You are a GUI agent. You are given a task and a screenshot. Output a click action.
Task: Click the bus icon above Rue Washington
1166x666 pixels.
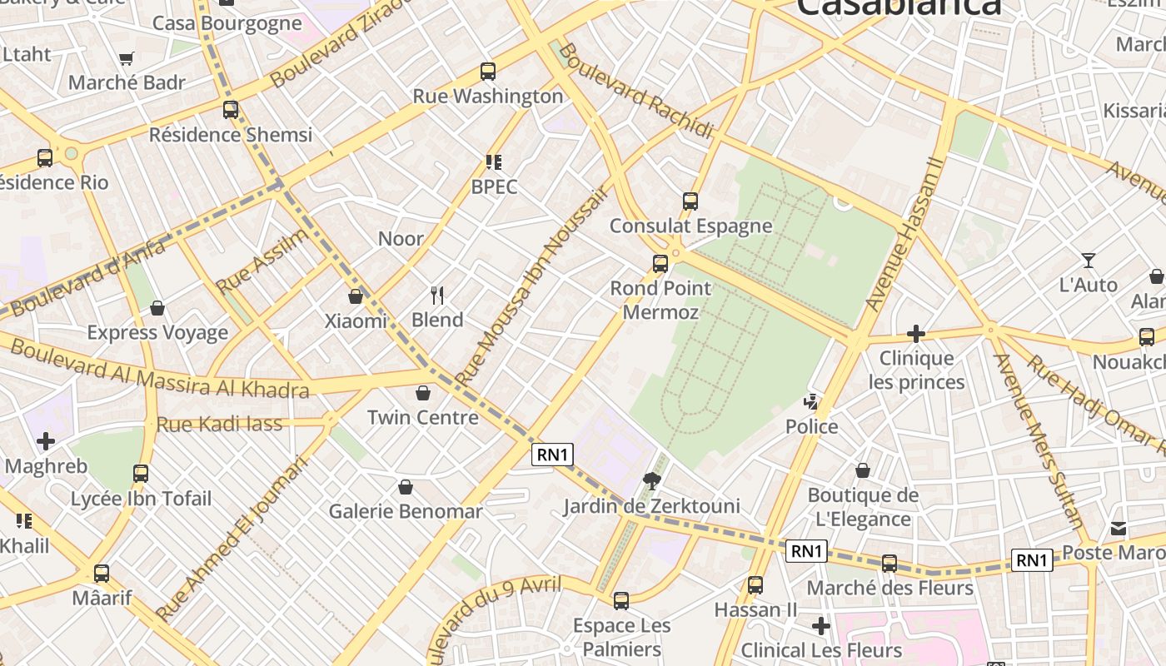[x=488, y=72]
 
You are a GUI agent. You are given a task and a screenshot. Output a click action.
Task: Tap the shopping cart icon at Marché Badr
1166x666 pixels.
[x=127, y=59]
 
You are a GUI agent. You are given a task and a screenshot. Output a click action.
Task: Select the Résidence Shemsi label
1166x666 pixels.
[x=231, y=135]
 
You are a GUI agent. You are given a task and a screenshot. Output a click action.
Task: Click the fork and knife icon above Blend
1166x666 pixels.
[x=437, y=295]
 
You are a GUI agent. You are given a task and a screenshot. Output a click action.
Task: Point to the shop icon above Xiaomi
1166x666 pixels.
[x=356, y=296]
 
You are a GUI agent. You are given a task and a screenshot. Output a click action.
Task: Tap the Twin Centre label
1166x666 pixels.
[x=423, y=417]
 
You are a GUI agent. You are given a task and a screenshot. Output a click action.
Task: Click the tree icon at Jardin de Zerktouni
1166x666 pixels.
[x=652, y=480]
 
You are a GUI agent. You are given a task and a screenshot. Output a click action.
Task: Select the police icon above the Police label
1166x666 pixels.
[x=811, y=403]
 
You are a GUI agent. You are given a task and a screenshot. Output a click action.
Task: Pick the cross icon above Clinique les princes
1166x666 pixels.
[x=916, y=334]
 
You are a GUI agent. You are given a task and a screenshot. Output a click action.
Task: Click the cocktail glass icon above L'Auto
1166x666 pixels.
[x=1088, y=261]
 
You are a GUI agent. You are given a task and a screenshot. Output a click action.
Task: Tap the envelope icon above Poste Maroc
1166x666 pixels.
[x=1118, y=529]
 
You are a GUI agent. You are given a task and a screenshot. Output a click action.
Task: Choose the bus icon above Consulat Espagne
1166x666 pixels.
[x=690, y=201]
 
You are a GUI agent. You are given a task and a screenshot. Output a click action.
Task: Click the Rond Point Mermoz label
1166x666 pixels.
[x=660, y=300]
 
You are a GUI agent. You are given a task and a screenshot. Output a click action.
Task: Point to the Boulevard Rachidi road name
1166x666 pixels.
[x=636, y=91]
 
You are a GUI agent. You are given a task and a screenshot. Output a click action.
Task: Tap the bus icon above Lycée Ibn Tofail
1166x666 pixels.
[x=141, y=474]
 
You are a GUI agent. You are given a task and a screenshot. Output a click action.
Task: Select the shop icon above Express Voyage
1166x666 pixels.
[x=157, y=309]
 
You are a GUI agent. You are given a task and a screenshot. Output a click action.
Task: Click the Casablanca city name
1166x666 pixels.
[x=899, y=7]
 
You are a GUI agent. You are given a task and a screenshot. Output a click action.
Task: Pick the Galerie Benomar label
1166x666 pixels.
[x=406, y=511]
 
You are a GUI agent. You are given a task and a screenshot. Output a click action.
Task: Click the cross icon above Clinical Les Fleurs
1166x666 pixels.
[x=821, y=625]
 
